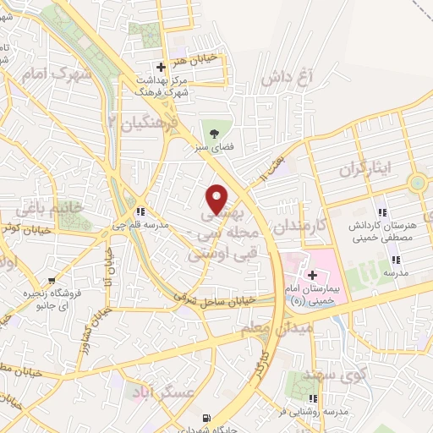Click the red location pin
point(217,199)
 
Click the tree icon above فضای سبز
point(213,132)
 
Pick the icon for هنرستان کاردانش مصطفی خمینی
point(382,211)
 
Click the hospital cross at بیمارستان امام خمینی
point(312,275)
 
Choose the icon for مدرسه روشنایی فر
point(314,398)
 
